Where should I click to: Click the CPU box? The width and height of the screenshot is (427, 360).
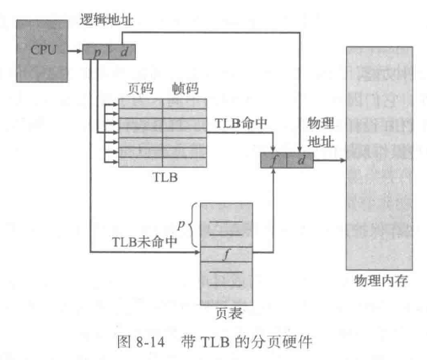(x=42, y=51)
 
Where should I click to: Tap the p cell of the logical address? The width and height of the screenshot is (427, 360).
(x=95, y=52)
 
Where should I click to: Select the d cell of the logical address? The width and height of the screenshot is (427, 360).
(x=122, y=52)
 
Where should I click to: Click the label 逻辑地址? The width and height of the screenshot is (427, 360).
(x=106, y=20)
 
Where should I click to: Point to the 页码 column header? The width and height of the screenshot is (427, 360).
(x=141, y=89)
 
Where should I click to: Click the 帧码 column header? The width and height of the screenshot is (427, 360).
(x=185, y=89)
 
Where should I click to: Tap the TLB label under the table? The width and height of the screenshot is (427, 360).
(x=165, y=177)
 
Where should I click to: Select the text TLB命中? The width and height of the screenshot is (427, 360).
(x=241, y=123)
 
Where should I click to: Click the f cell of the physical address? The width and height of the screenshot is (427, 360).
(x=273, y=160)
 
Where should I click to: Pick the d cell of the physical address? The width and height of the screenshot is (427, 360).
(x=300, y=160)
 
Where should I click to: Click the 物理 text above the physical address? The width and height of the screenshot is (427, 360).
(x=321, y=123)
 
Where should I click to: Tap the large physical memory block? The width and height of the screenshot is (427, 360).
(x=380, y=159)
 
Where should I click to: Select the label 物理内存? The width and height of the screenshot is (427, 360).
(x=381, y=281)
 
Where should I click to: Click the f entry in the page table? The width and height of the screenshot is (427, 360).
(x=226, y=255)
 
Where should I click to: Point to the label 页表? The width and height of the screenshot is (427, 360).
(x=229, y=313)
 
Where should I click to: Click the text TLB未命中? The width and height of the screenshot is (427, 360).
(x=144, y=242)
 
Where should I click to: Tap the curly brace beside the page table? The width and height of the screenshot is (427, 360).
(x=193, y=225)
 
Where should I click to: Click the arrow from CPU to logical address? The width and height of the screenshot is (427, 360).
(x=75, y=51)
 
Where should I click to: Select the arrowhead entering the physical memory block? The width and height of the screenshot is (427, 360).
(x=343, y=160)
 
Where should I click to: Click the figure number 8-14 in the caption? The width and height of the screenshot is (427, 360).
(x=150, y=342)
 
